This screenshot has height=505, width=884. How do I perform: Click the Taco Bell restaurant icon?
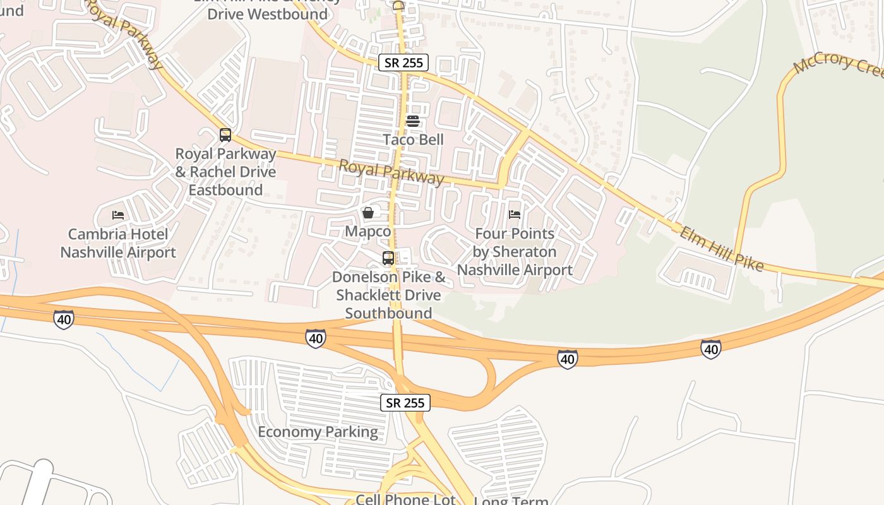tap(413, 121)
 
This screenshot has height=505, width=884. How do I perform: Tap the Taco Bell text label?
tap(414, 140)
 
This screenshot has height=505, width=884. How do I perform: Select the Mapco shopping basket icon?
tap(368, 213)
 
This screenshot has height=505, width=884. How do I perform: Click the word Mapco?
tap(368, 232)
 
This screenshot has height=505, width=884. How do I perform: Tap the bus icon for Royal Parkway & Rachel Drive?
tap(225, 135)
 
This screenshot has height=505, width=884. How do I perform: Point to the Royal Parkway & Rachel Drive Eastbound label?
tap(225, 172)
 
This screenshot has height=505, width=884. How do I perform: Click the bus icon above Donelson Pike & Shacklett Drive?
tap(388, 258)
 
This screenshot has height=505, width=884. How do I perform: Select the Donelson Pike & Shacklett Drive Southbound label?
tap(388, 295)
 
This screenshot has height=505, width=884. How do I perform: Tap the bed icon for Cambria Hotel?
tap(118, 215)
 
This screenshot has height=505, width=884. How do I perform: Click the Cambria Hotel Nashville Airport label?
tap(118, 244)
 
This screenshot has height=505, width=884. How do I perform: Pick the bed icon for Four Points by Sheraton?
tap(515, 215)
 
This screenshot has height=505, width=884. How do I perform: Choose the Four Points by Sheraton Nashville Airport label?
tap(515, 252)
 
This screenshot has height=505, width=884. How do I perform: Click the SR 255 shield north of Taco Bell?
tap(404, 62)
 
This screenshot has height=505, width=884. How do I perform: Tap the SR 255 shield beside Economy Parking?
tap(405, 403)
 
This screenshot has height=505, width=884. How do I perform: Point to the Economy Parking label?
tap(318, 432)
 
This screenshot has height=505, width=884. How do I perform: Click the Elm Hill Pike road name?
tap(720, 249)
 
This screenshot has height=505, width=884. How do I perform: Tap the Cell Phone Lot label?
tap(405, 499)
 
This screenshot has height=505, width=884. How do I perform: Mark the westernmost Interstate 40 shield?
tap(64, 320)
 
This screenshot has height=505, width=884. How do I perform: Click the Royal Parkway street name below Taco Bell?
tap(391, 172)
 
